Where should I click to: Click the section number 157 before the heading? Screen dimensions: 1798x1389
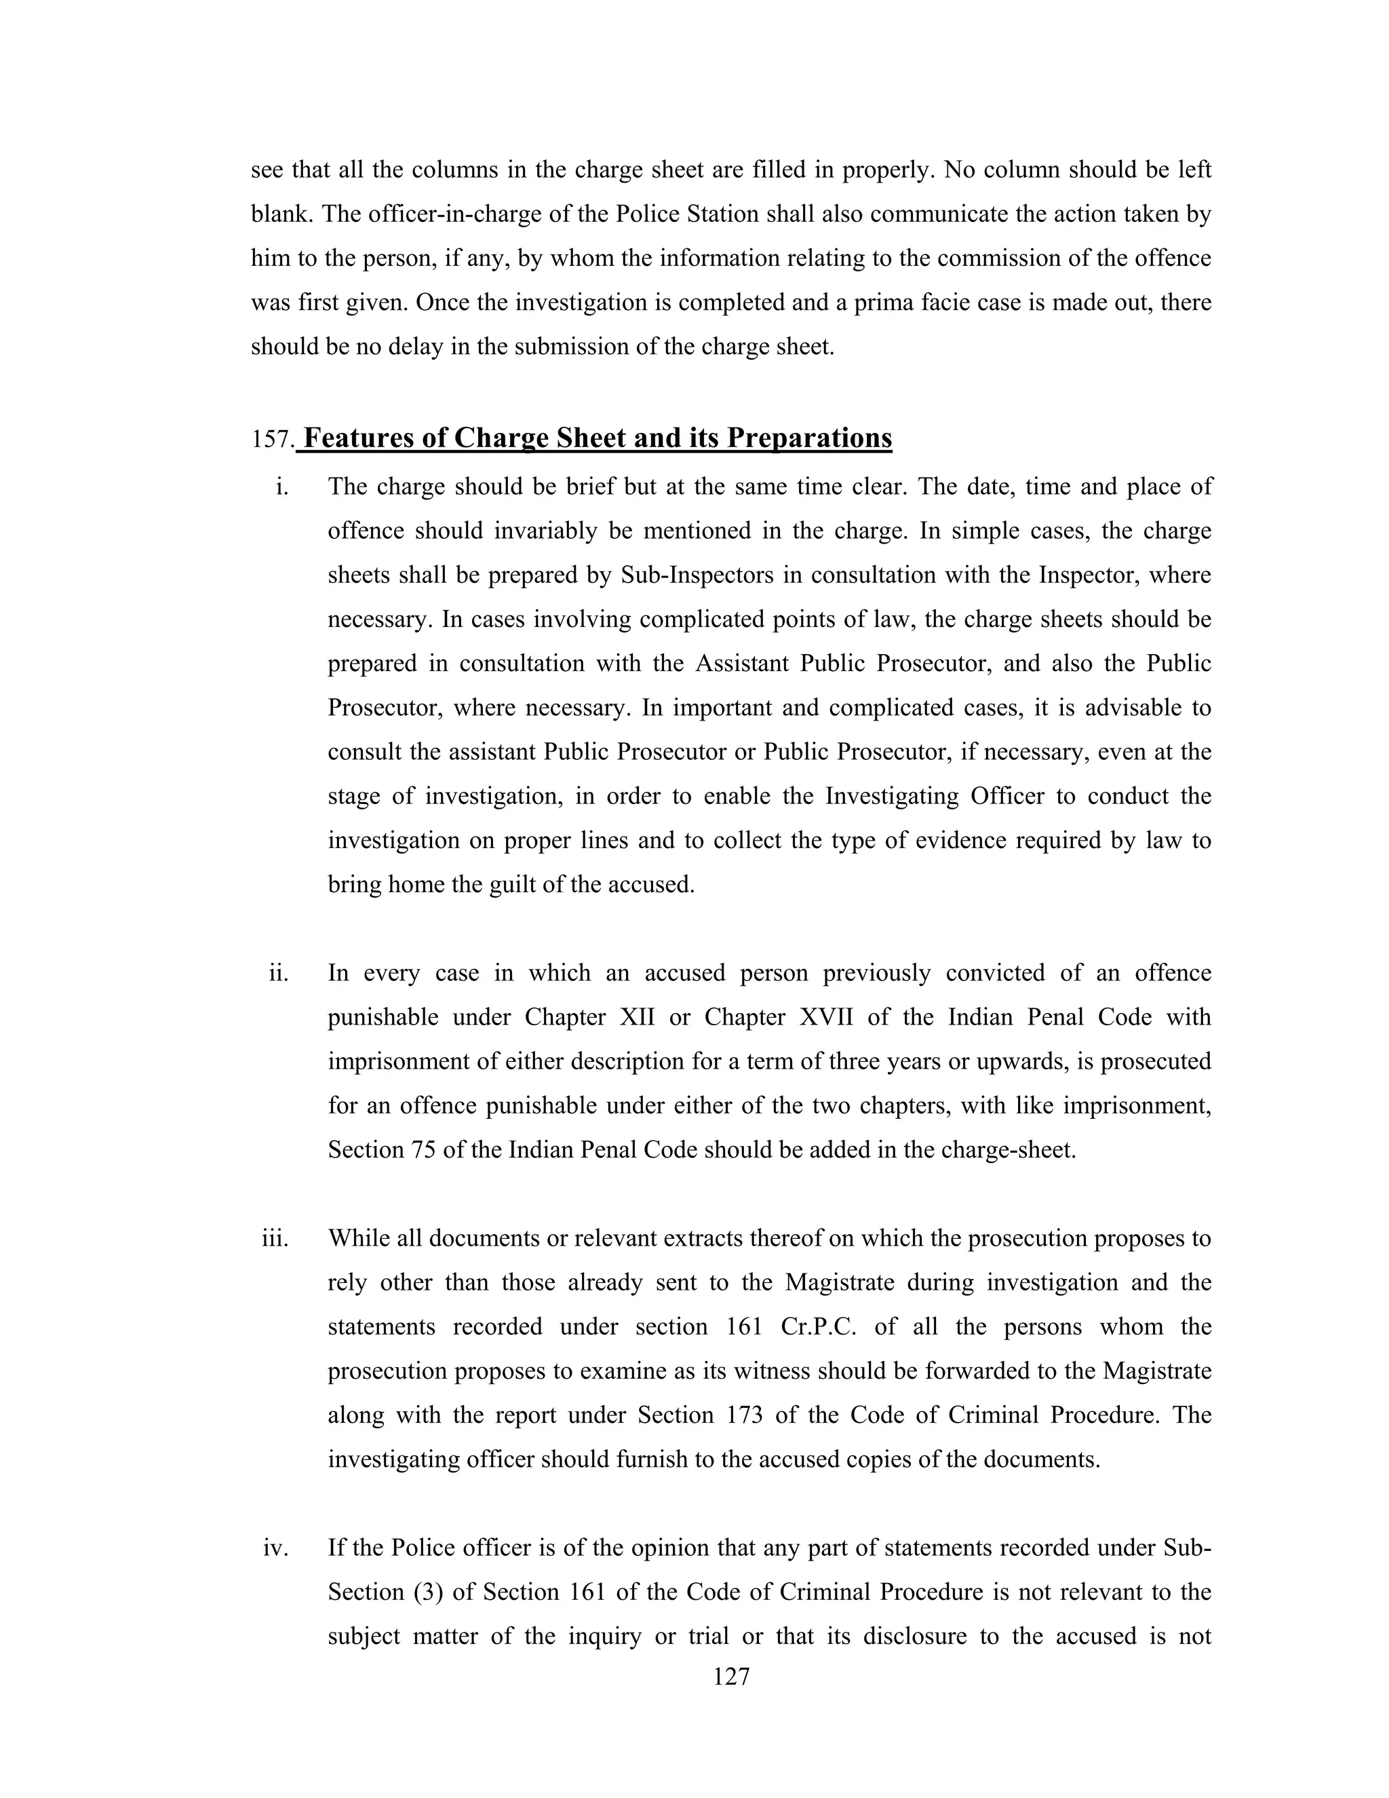pyautogui.click(x=271, y=440)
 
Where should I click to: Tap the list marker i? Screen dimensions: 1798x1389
pyautogui.click(x=282, y=486)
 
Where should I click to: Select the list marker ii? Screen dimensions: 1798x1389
pyautogui.click(x=279, y=973)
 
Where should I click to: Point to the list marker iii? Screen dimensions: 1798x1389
pyautogui.click(x=275, y=1238)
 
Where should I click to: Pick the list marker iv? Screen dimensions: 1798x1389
pyautogui.click(x=275, y=1548)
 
